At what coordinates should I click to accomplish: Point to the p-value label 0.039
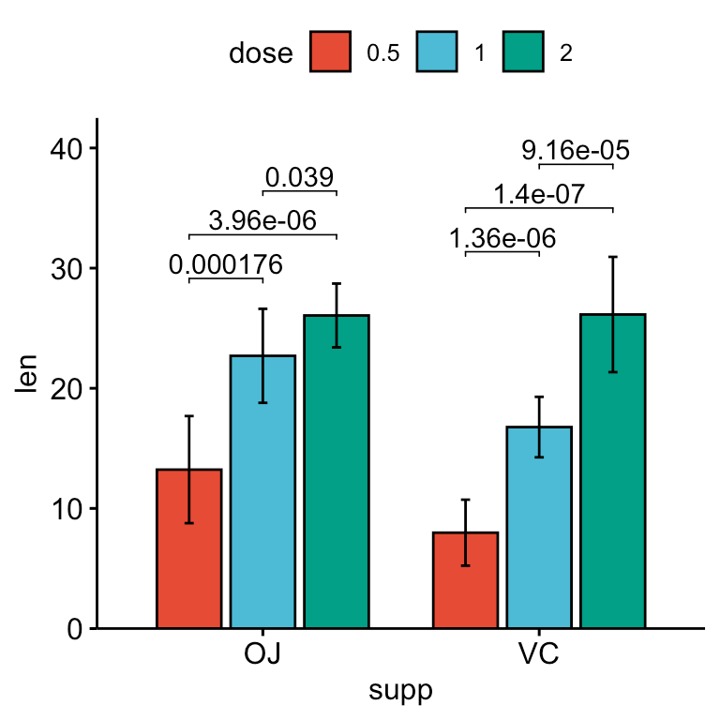point(300,177)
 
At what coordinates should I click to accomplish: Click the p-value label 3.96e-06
point(262,221)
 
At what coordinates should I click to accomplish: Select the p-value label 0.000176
point(226,265)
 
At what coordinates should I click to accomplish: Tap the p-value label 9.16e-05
point(576,150)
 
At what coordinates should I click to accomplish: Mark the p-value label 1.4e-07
point(539,194)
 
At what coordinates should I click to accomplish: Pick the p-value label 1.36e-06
point(502,238)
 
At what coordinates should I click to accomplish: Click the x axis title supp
point(401,692)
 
